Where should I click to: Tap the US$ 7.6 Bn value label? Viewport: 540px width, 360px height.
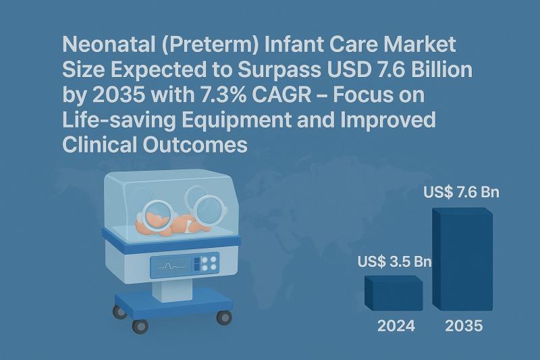pos(462,192)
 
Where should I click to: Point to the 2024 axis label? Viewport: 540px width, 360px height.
pos(396,326)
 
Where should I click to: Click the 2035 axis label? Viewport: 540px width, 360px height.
pos(464,326)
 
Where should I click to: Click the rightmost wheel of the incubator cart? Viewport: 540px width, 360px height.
pos(223,316)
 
